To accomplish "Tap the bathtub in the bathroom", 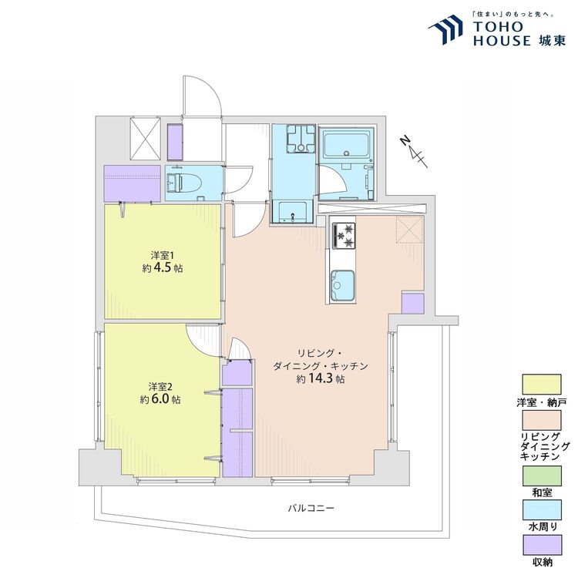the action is pyautogui.click(x=347, y=146).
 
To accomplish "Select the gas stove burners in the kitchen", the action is pyautogui.click(x=344, y=236).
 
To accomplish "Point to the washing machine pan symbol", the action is pyautogui.click(x=301, y=139).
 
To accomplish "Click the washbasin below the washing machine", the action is pyautogui.click(x=293, y=213).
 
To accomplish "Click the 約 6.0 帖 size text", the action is pyautogui.click(x=160, y=399).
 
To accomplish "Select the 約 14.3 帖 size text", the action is pyautogui.click(x=321, y=378).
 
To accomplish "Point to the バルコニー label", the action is pyautogui.click(x=311, y=509).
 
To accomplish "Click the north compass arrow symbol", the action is pyautogui.click(x=415, y=151).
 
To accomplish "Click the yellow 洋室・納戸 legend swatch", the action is pyautogui.click(x=542, y=385).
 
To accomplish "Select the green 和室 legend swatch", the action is pyautogui.click(x=542, y=476).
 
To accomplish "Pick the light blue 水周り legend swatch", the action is pyautogui.click(x=542, y=510).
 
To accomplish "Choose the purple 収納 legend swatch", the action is pyautogui.click(x=542, y=545).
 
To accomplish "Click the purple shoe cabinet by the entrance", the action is pyautogui.click(x=175, y=142).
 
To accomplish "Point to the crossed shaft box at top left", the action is pyautogui.click(x=146, y=139).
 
